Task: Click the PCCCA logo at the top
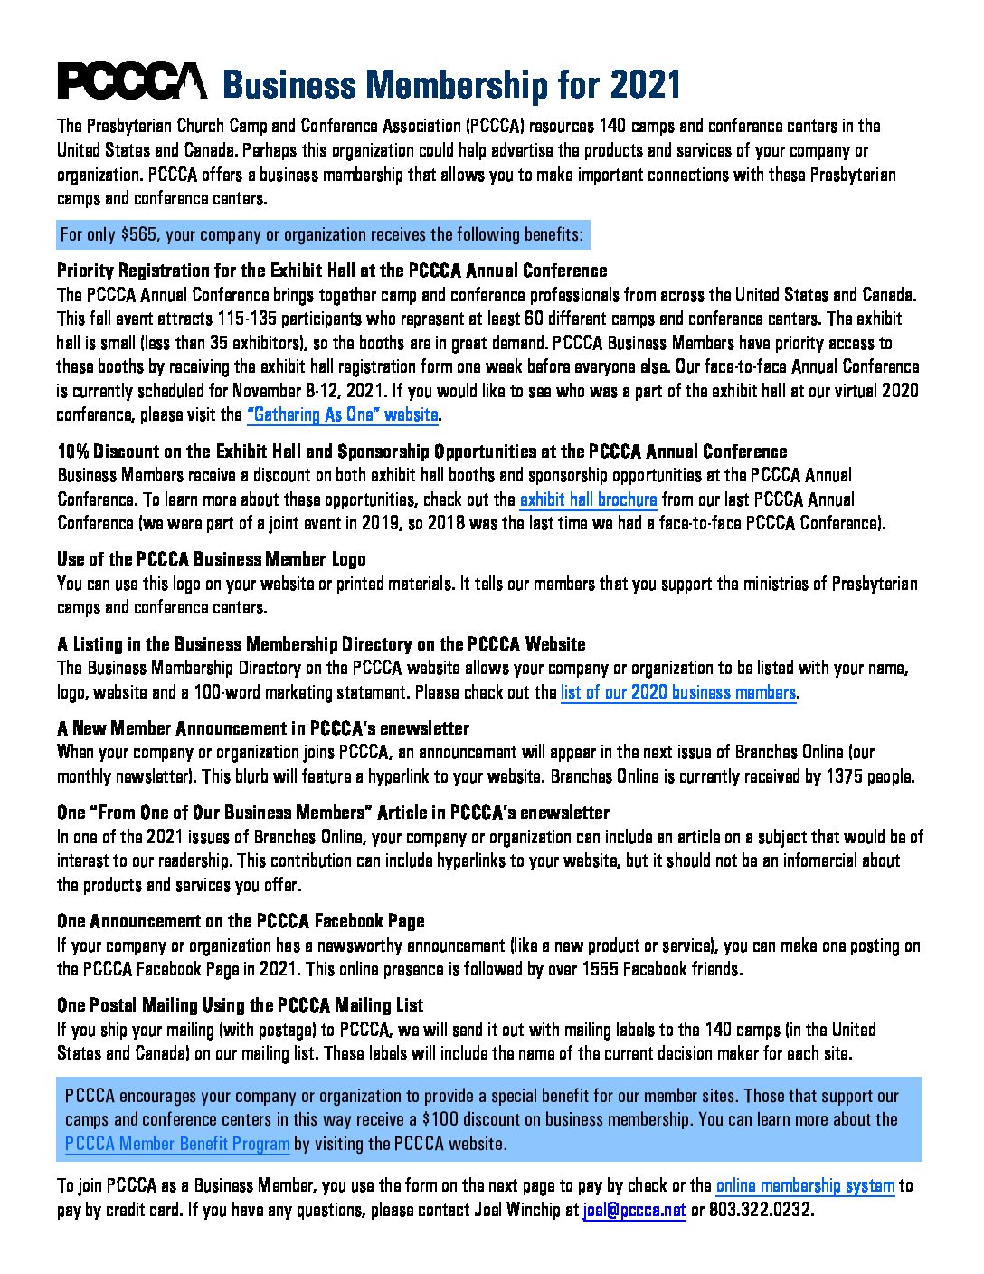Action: (x=132, y=81)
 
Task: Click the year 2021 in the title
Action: (x=645, y=85)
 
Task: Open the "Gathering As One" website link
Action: (x=343, y=415)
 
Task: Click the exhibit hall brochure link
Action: (x=588, y=499)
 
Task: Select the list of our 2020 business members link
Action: (x=677, y=693)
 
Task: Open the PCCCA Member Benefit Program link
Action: (x=177, y=1144)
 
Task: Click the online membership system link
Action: (x=805, y=1186)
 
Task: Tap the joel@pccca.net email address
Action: (x=634, y=1210)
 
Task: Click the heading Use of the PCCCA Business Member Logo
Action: (x=212, y=559)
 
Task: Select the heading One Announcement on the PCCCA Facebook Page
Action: (x=241, y=921)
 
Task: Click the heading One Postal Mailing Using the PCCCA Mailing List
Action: (x=241, y=1005)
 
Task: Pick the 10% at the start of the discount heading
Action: (x=73, y=452)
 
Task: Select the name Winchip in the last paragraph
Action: (x=538, y=1210)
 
